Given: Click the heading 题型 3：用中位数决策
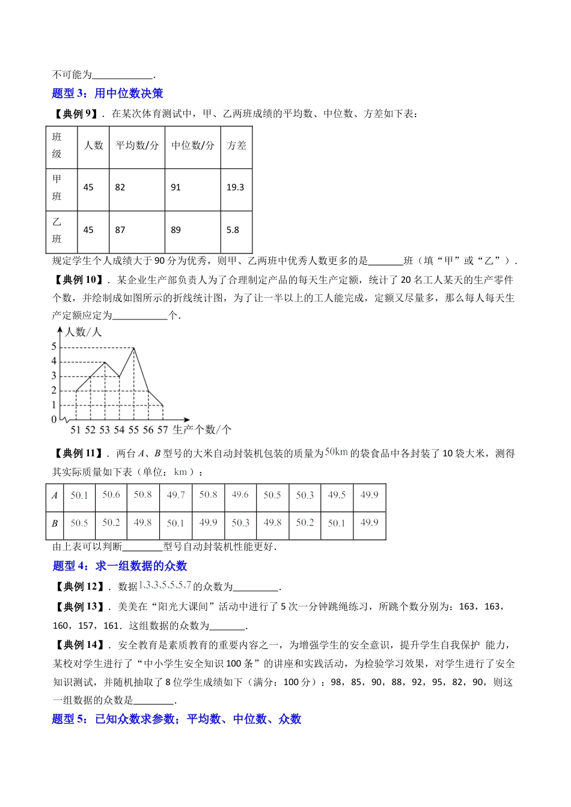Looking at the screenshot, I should coord(108,93).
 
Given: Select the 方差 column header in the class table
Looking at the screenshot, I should coord(236,145).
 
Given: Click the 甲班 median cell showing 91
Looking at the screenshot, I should coord(176,187).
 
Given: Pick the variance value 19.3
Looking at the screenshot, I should coord(235,187).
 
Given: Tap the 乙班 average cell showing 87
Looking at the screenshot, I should coord(120,230).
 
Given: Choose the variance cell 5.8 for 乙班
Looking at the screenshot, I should coord(233,230).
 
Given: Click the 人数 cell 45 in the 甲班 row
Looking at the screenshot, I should coord(88,187).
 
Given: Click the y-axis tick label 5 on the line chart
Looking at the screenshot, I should coord(54,346).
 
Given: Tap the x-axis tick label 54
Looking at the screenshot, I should coord(119,430).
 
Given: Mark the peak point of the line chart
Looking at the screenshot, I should coord(133,348).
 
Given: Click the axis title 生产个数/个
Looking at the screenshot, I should coord(201,430).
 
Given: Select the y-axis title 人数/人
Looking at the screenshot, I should coord(83,332).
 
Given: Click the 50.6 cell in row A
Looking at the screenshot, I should coord(111,495).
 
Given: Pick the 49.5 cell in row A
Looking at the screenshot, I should coord(337,495).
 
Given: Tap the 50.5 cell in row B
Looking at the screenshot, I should coord(79,523).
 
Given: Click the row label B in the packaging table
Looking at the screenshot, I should coord(55,523).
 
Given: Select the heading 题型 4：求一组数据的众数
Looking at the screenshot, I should coord(120,566).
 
